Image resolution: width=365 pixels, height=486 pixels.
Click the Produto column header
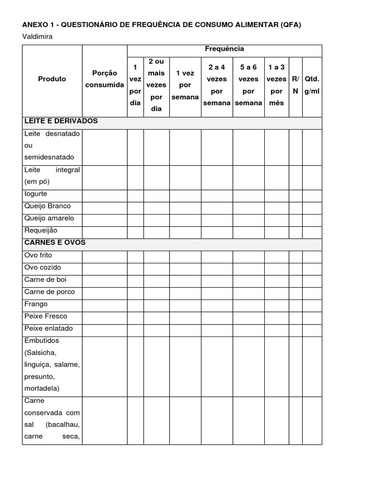pos(52,79)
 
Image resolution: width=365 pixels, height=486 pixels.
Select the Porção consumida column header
pos(105,79)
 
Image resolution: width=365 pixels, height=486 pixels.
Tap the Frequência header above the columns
pos(224,49)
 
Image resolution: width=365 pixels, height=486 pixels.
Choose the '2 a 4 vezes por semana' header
pos(217,85)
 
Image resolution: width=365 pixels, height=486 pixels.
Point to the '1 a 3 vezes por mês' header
pos(276,85)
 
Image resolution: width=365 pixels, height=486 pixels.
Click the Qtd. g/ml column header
pos(312,85)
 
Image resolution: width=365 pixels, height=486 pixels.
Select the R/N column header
pos(295,85)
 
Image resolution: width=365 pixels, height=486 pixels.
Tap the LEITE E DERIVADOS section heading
pos(61,121)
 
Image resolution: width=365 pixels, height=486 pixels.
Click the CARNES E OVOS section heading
pos(55,243)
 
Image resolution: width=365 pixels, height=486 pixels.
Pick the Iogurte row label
pos(36,194)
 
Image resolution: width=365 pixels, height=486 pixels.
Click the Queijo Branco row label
pos(48,206)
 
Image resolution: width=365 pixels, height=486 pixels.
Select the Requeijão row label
pos(40,230)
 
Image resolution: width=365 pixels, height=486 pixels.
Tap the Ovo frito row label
pos(38,255)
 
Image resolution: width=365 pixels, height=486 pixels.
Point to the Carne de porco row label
pos(49,291)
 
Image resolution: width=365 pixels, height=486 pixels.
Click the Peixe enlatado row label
pos(48,328)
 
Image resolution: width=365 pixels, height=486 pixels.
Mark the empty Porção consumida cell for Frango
pos(105,304)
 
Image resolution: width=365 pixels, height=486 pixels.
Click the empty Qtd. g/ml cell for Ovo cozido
pos(312,268)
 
